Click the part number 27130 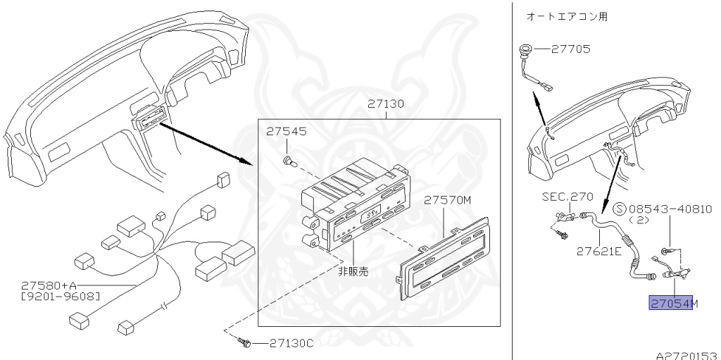tap(385, 104)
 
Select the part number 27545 tap(285, 132)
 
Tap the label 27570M tap(446, 200)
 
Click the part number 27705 tap(571, 49)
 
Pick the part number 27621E tap(598, 250)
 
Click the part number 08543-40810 tap(670, 209)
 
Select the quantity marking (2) tap(638, 220)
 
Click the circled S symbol tap(620, 209)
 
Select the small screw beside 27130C tap(245, 343)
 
